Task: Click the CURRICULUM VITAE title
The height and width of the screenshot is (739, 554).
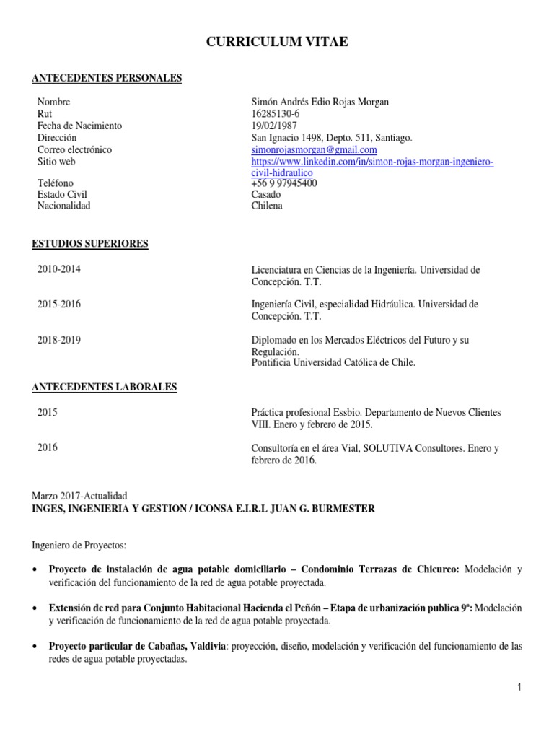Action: (277, 43)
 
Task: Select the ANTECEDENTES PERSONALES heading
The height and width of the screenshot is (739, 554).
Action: (107, 78)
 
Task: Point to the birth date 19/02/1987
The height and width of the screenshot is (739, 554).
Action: (274, 126)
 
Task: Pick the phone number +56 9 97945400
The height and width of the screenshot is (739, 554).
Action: (283, 183)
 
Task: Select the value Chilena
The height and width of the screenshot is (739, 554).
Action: (267, 206)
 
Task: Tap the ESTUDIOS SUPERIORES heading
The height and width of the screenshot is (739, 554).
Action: (90, 244)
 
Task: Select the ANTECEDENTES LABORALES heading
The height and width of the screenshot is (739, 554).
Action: (105, 388)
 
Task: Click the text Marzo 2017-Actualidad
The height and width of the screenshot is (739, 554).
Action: (79, 497)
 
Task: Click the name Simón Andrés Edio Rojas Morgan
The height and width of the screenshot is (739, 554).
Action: (320, 102)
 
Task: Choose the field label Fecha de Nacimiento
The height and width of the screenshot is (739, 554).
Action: (79, 126)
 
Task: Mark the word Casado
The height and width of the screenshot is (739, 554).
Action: (267, 194)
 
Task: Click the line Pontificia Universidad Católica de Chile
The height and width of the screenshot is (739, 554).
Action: (333, 362)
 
